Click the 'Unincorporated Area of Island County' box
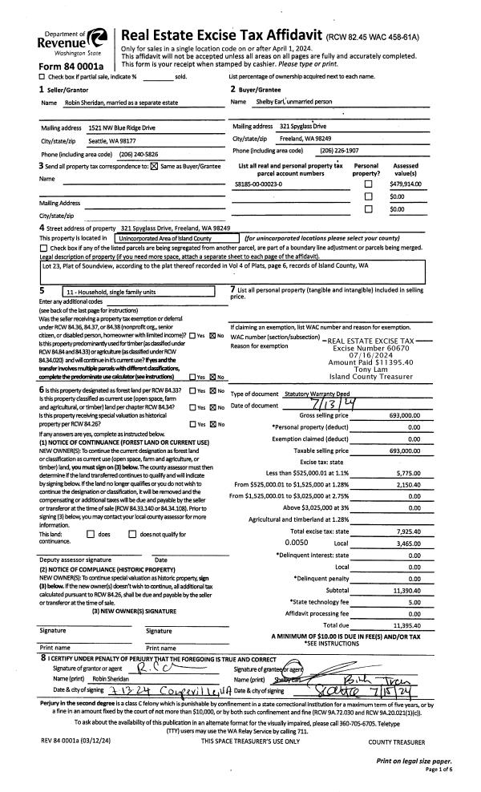tap(166, 238)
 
